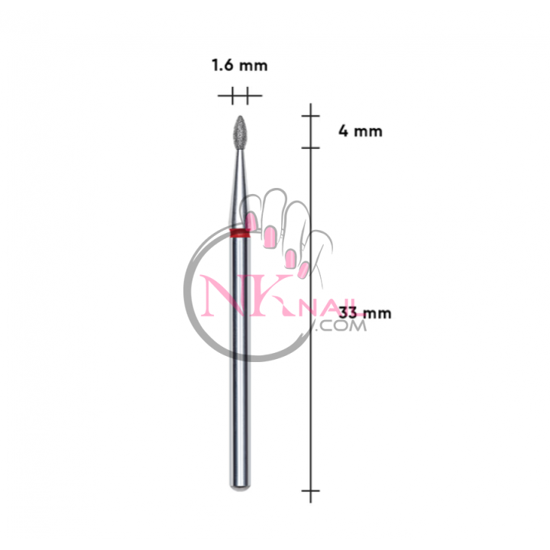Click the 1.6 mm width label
coord(240,66)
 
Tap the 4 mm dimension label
coord(361,131)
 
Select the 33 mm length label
coord(365,312)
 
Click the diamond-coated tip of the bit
coord(241,133)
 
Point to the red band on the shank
coord(240,232)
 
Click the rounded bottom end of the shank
coord(240,486)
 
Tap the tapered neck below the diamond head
coord(240,189)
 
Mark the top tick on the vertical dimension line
coord(311,115)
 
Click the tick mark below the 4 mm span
coord(311,148)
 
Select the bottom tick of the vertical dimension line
coord(311,490)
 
